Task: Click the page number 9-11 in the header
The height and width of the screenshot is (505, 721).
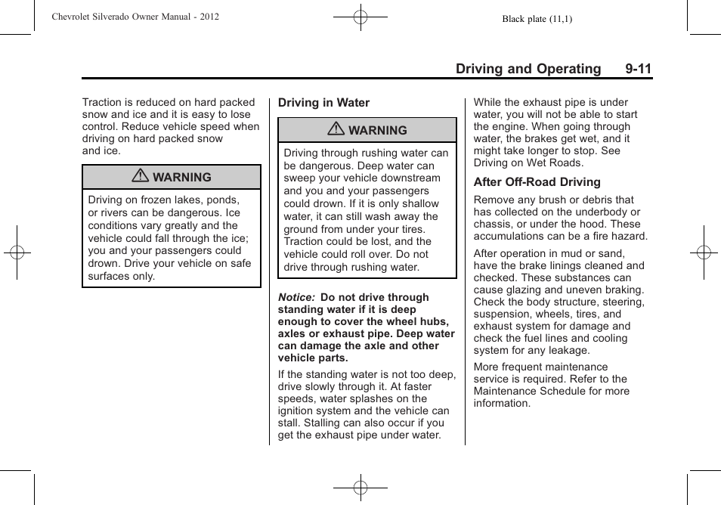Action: click(x=638, y=69)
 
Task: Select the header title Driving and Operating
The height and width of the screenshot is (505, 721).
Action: click(x=528, y=69)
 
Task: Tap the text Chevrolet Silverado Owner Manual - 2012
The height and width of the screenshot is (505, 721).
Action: click(x=135, y=16)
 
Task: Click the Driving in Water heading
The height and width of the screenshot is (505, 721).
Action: click(x=323, y=103)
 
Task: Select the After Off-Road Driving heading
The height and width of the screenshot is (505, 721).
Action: click(x=537, y=182)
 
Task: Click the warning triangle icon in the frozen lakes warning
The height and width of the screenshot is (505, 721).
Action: click(x=141, y=177)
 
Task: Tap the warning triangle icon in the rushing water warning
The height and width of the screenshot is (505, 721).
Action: click(x=336, y=130)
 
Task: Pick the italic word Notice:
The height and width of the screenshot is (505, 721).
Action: click(x=296, y=298)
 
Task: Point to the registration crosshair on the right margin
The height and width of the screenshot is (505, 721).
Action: click(x=704, y=253)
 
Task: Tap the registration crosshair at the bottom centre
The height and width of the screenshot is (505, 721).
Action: click(x=360, y=488)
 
